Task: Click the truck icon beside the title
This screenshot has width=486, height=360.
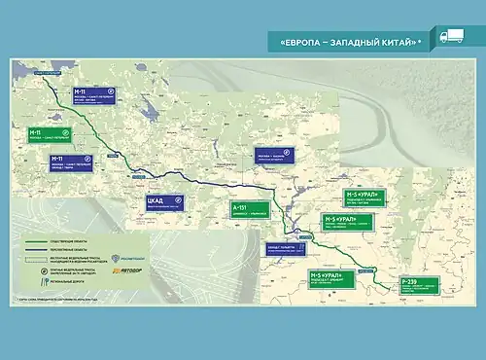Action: pyautogui.click(x=451, y=40)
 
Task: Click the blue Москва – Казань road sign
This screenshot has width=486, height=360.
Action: pyautogui.click(x=278, y=157)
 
